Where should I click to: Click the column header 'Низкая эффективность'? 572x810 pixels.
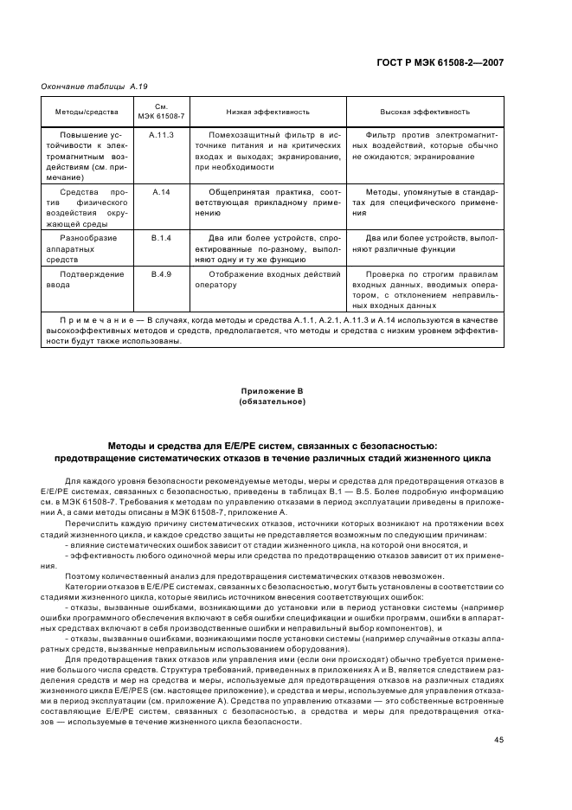267,112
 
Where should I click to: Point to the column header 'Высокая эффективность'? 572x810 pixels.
424,112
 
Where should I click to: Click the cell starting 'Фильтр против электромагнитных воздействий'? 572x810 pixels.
424,146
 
